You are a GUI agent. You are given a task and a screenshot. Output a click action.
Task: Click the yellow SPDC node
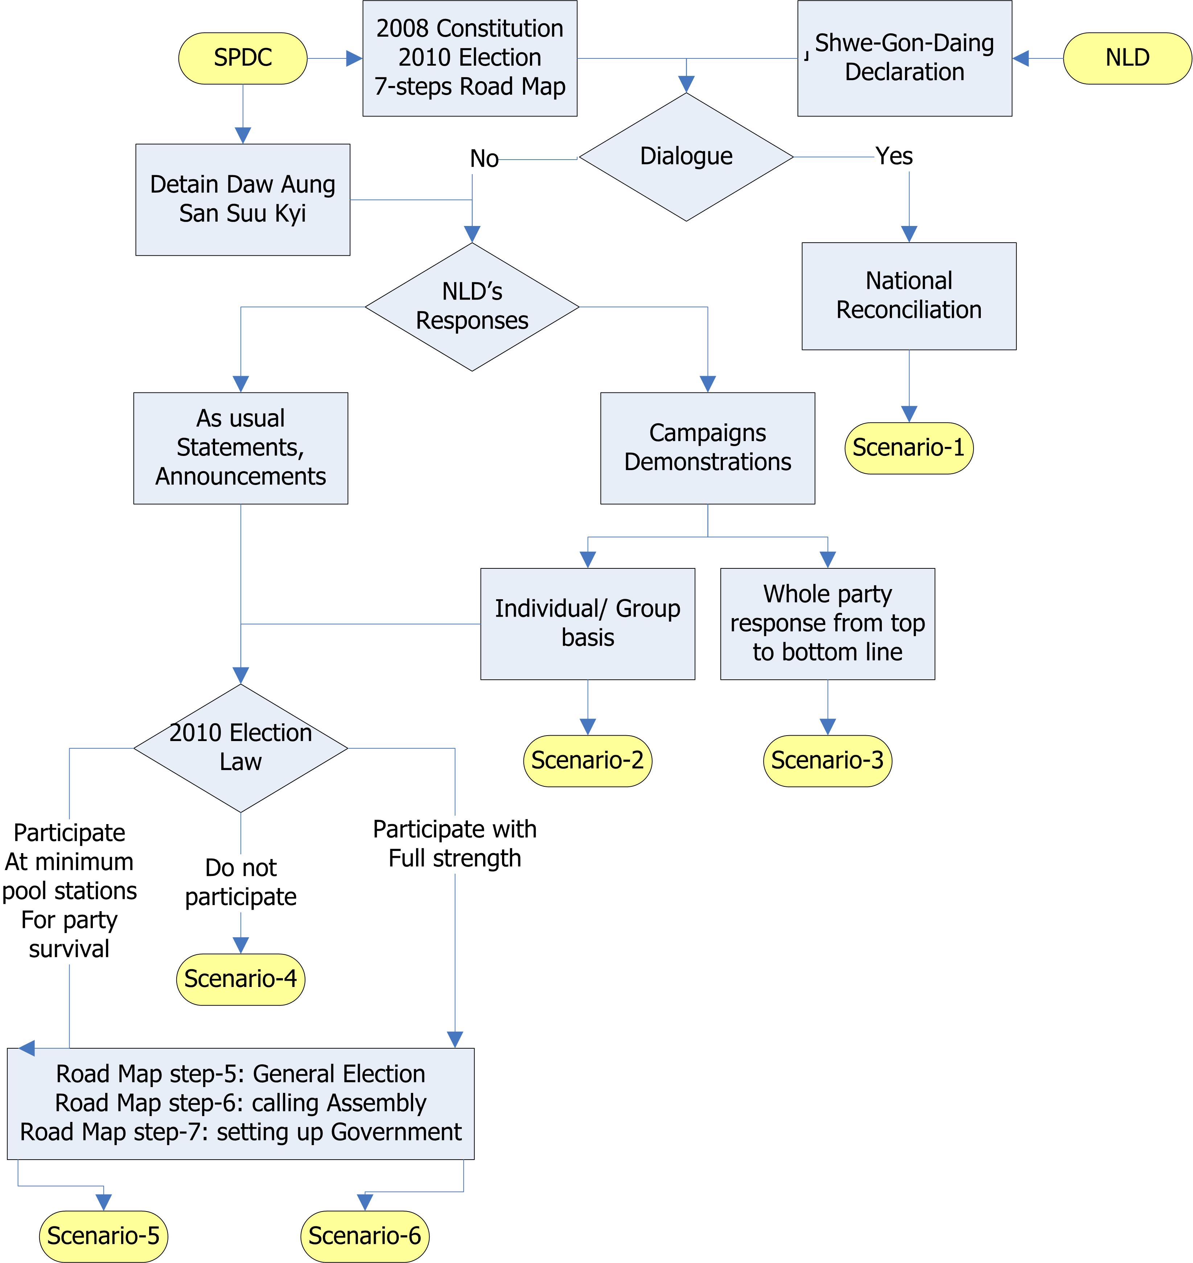pos(243,58)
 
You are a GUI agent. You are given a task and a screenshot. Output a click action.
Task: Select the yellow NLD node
pos(1127,58)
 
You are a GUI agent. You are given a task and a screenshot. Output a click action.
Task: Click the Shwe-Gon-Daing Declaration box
pos(904,58)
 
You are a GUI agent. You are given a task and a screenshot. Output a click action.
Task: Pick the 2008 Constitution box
pos(470,58)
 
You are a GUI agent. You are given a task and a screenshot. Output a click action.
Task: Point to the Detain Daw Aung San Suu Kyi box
pos(243,200)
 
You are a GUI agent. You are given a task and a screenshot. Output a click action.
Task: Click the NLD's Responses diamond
pos(472,307)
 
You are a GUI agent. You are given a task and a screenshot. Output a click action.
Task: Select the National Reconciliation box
pos(909,296)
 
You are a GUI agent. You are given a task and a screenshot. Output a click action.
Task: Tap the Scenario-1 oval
pos(909,448)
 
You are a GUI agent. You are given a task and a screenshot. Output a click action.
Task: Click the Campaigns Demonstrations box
pos(708,448)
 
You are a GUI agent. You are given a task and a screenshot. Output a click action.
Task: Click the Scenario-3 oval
pos(827,761)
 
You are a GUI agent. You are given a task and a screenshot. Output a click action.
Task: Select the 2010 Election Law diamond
pos(240,748)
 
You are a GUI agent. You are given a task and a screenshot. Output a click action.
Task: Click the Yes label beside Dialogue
pos(894,156)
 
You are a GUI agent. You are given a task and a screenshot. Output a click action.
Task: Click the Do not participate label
pos(240,882)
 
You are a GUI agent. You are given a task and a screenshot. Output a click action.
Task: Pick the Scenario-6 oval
pos(365,1236)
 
